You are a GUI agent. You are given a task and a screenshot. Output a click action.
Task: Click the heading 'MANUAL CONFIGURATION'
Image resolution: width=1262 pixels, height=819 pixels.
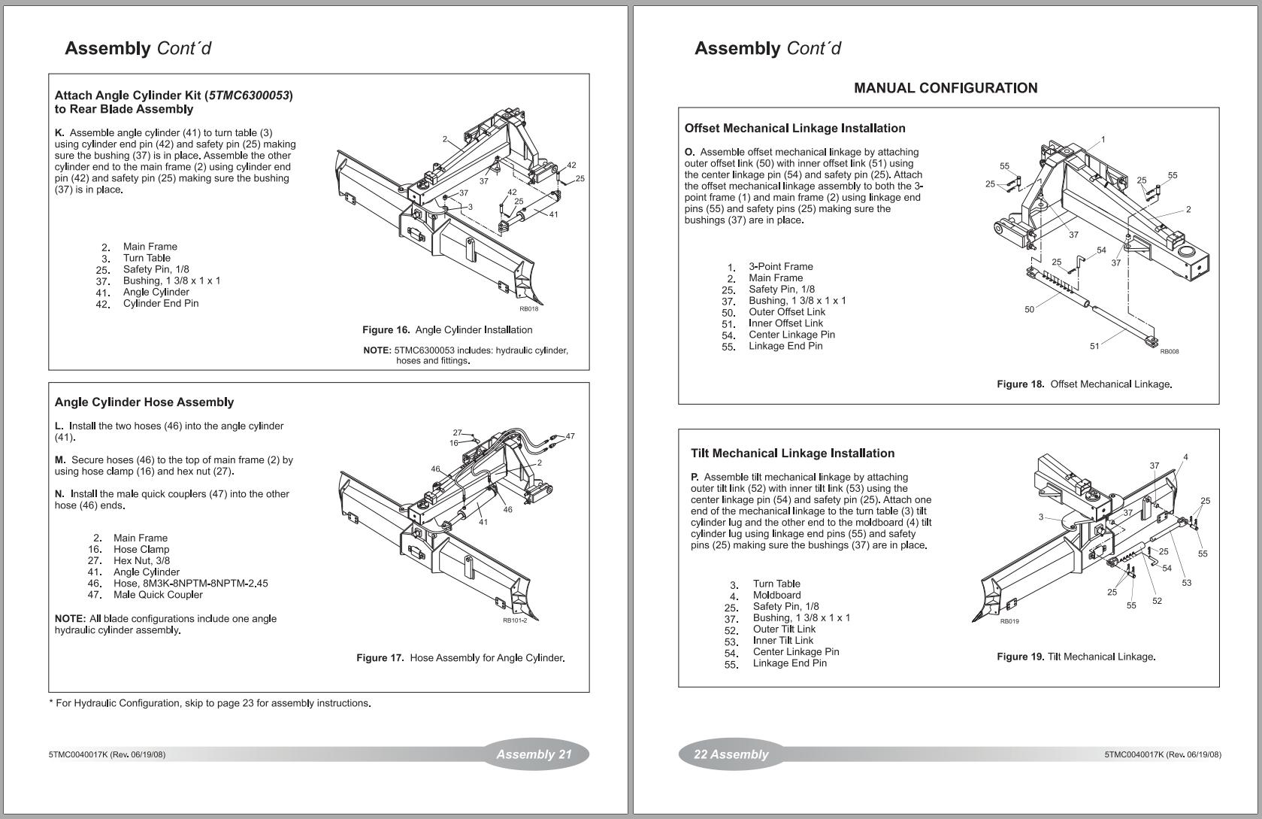click(x=946, y=88)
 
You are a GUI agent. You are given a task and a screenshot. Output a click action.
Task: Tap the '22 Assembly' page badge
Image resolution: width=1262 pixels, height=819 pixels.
click(x=731, y=754)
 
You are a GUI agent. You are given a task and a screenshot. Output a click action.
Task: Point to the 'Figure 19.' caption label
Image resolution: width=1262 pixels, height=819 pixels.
click(x=1020, y=657)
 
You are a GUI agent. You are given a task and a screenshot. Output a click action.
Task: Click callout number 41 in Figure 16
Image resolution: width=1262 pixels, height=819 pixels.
click(x=554, y=214)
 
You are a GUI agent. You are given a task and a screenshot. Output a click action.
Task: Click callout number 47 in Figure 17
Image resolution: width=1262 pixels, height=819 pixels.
click(x=570, y=436)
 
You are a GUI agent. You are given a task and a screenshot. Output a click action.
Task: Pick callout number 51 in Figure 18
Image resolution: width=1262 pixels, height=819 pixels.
click(x=1094, y=346)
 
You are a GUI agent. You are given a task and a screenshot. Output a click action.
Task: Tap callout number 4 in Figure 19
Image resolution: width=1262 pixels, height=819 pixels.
click(x=1185, y=457)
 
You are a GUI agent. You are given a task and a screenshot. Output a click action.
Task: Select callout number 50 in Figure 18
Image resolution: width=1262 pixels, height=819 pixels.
click(x=1029, y=309)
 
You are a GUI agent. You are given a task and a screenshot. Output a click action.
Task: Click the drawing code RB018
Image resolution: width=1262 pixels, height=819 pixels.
click(x=528, y=309)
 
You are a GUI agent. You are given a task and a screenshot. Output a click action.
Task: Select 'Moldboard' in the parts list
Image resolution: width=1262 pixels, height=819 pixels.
click(x=776, y=595)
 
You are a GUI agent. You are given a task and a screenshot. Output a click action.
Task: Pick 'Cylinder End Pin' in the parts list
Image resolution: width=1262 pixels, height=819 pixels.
click(x=161, y=304)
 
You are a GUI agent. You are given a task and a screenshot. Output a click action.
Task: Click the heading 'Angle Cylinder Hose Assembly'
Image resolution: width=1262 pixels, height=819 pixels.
click(x=144, y=402)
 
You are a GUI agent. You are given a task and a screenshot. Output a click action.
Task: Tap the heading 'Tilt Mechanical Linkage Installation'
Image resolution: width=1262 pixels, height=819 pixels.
click(x=792, y=453)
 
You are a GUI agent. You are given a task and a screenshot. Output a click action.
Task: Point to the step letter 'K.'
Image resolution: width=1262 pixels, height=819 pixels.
click(x=59, y=133)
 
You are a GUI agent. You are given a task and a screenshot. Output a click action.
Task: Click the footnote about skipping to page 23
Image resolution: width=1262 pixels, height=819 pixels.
click(x=210, y=703)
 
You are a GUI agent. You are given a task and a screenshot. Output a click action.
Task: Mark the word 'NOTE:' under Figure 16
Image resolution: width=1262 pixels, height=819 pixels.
click(x=377, y=350)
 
